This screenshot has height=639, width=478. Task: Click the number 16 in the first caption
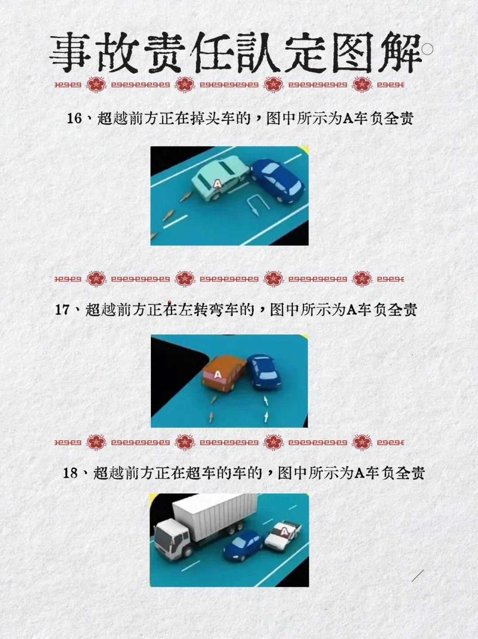(x=74, y=119)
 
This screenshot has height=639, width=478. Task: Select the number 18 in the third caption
(x=70, y=473)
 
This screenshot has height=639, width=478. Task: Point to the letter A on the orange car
(x=217, y=375)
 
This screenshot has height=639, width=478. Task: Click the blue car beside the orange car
(x=264, y=372)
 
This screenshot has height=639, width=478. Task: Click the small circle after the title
(x=427, y=50)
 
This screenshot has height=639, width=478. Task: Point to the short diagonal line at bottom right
(x=417, y=576)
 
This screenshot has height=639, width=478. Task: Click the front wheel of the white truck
(x=187, y=552)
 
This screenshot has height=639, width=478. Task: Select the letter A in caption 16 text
(x=347, y=119)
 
